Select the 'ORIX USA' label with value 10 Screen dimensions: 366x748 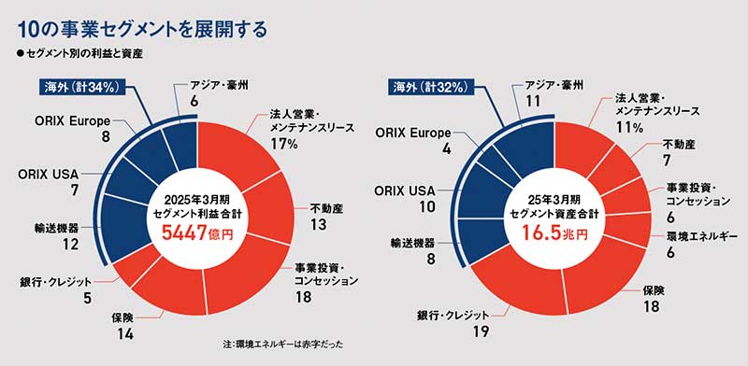tap(403, 190)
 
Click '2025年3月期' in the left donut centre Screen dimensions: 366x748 tap(197, 200)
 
